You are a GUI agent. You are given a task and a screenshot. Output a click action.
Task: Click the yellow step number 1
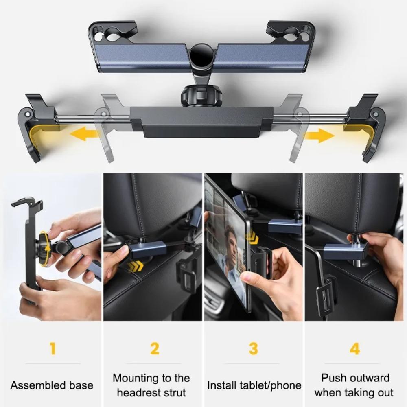coord(52,348)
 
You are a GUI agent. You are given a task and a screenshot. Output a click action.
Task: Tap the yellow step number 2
coord(154,348)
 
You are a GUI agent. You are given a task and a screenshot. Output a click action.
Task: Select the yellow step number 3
coord(253,348)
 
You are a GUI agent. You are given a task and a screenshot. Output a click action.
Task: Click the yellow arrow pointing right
coord(319,135)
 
